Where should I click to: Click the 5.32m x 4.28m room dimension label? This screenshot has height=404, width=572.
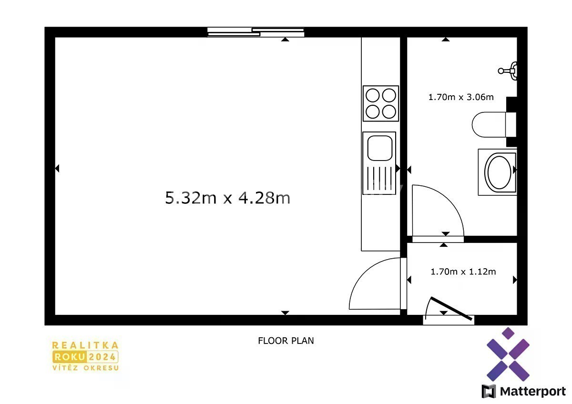pyautogui.click(x=227, y=198)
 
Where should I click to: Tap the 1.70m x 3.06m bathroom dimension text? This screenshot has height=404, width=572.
pyautogui.click(x=461, y=97)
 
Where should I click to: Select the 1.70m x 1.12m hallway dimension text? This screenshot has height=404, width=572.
pyautogui.click(x=463, y=272)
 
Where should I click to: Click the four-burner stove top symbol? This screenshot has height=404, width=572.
pyautogui.click(x=381, y=103)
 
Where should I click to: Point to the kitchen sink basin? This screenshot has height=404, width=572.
pyautogui.click(x=380, y=148)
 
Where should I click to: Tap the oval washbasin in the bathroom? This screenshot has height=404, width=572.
pyautogui.click(x=499, y=172)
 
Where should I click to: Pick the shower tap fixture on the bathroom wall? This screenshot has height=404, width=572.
pyautogui.click(x=508, y=71)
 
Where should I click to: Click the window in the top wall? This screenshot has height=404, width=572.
pyautogui.click(x=255, y=32)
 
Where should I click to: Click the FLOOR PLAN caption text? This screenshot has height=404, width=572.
pyautogui.click(x=286, y=341)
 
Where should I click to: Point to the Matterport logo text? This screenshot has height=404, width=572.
pyautogui.click(x=533, y=392)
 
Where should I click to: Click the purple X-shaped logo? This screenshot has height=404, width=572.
pyautogui.click(x=508, y=354)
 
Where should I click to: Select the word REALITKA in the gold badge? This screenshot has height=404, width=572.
pyautogui.click(x=85, y=345)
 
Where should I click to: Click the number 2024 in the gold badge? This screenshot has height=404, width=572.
pyautogui.click(x=102, y=357)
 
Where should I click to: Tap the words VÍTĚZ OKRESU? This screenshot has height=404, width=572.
pyautogui.click(x=85, y=368)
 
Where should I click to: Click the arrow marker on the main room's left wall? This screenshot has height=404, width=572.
pyautogui.click(x=57, y=169)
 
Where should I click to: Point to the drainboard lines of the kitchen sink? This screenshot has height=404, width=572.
pyautogui.click(x=379, y=178)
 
